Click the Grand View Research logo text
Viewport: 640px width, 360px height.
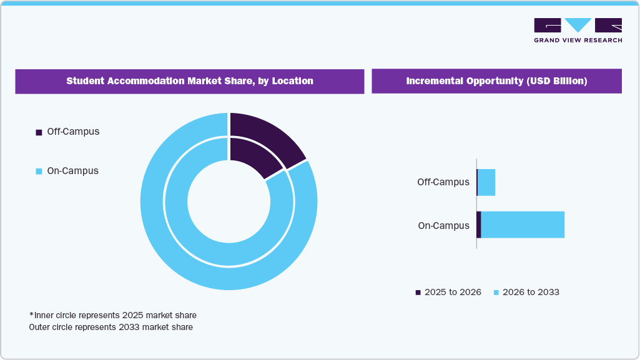click(x=578, y=41)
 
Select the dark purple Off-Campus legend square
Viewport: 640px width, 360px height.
click(x=39, y=132)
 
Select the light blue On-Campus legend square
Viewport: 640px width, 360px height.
click(x=39, y=172)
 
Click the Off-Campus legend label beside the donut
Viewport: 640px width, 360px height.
click(x=73, y=132)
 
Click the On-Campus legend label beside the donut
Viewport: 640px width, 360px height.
click(x=72, y=171)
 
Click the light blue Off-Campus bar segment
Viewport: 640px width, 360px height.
click(x=486, y=182)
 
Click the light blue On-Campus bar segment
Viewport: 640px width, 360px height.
click(x=523, y=225)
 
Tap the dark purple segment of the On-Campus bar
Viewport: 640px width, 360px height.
click(x=479, y=225)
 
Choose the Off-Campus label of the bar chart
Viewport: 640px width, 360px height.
click(x=443, y=182)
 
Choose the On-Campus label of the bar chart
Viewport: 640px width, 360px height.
click(x=443, y=226)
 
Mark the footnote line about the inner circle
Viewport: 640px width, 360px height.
click(x=117, y=315)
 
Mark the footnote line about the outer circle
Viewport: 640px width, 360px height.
click(x=111, y=327)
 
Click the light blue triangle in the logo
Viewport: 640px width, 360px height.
click(x=578, y=25)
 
